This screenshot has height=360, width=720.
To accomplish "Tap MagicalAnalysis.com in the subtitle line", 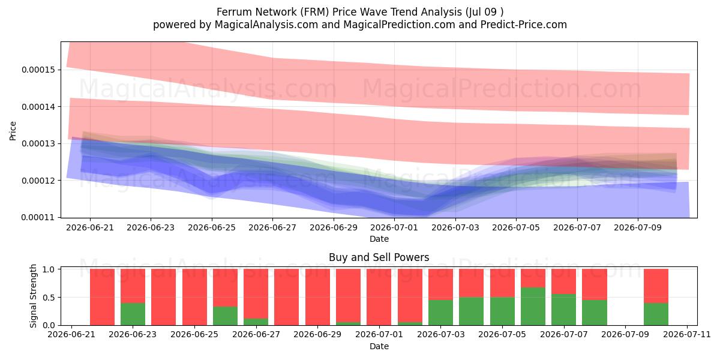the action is pos(266,25).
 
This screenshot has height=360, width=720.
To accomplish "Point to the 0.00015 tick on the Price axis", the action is pos(38,70).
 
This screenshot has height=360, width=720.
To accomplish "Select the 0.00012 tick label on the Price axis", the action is pos(38,181).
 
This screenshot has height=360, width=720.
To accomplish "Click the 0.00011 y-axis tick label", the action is pos(38,218).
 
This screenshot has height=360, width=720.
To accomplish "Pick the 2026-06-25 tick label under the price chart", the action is pos(211,227).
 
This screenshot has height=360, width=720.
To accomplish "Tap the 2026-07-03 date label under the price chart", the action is pos(455,227).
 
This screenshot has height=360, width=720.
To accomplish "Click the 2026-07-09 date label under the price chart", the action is pos(638,227).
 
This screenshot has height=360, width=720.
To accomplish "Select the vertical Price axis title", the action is pos(13,131).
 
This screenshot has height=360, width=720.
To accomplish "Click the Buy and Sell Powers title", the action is pos(379,257).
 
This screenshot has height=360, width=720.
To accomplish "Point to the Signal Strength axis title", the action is pos(33,296).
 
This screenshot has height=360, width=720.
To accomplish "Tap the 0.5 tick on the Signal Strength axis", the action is pos(49,298).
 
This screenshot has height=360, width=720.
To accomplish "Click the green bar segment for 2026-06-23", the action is pos(133,314).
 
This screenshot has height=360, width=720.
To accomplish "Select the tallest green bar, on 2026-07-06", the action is pos(533,307).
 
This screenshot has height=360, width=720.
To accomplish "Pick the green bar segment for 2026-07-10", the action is pos(656,314).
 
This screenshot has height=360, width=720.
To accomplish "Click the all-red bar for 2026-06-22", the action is pos(102,297).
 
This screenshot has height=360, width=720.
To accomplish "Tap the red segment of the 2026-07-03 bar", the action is pos(440,284).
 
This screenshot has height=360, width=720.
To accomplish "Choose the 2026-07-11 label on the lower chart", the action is pos(687,335).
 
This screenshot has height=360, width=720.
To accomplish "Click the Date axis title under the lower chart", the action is pos(379,347).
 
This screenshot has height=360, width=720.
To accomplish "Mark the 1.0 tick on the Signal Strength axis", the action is pos(49,269).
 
